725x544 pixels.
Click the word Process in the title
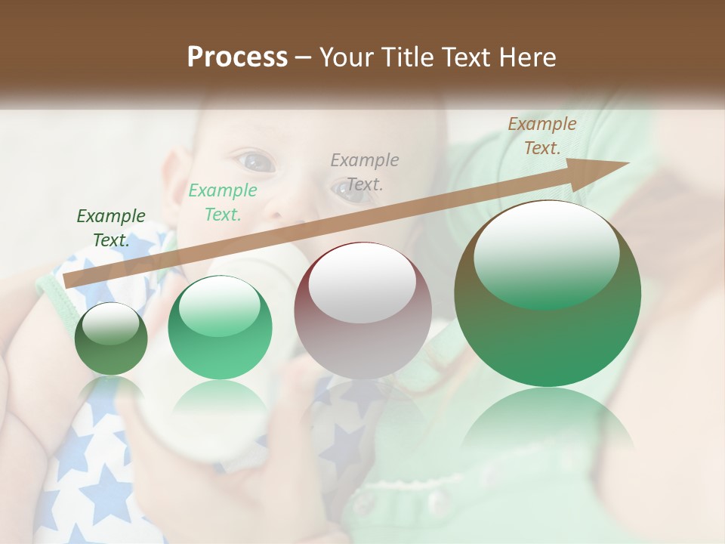point(237,57)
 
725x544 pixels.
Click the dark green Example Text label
point(111,228)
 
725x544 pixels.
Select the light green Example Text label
point(222,202)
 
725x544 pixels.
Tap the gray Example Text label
point(365,172)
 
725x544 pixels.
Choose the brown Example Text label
point(541,136)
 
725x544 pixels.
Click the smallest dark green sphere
point(111,338)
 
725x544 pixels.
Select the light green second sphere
point(220,327)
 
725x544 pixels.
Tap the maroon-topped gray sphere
point(362,310)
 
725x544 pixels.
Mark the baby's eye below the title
point(255,160)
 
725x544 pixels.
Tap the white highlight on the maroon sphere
point(362,282)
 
